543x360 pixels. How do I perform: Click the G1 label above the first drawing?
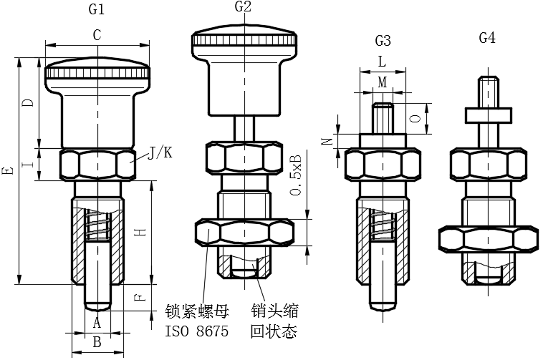pyautogui.click(x=97, y=9)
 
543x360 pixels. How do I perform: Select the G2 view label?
pyautogui.click(x=243, y=6)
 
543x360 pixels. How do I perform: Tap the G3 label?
pyautogui.click(x=383, y=41)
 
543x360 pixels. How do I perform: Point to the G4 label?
pyautogui.click(x=487, y=38)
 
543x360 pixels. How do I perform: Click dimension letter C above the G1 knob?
pyautogui.click(x=97, y=35)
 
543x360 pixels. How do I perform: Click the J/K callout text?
pyautogui.click(x=160, y=152)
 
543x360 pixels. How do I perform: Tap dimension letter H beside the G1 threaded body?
pyautogui.click(x=140, y=232)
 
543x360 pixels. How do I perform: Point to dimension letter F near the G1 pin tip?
pyautogui.click(x=140, y=297)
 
